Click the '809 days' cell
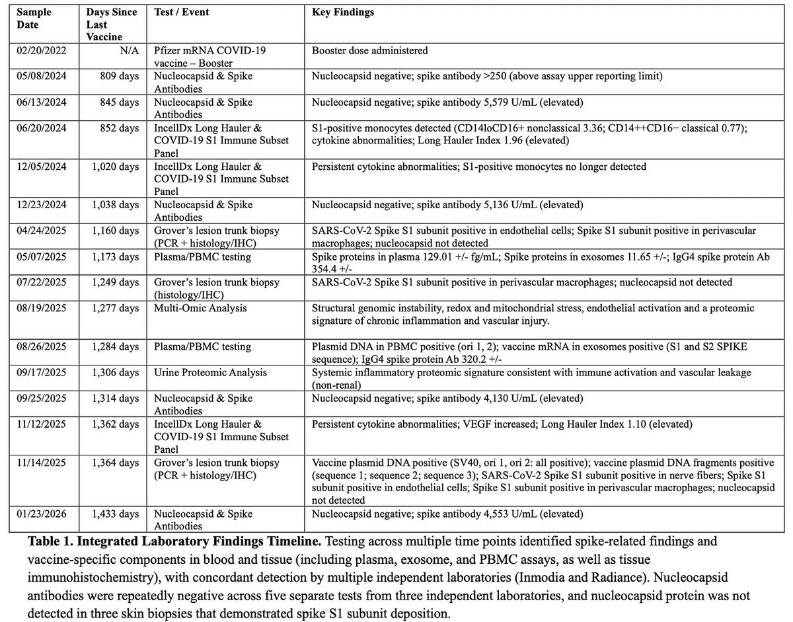(119, 76)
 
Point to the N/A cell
(129, 50)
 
